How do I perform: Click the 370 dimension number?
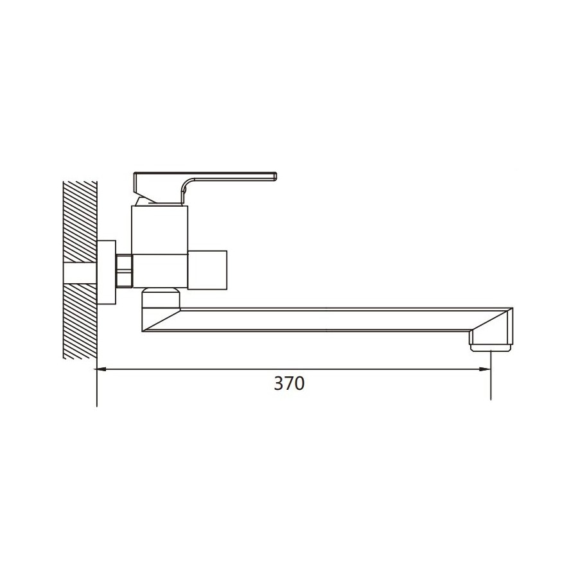(x=290, y=383)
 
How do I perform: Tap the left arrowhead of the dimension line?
(x=101, y=369)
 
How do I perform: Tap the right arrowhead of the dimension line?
(x=485, y=369)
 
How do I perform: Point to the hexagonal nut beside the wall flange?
(x=124, y=270)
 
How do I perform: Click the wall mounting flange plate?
(x=106, y=272)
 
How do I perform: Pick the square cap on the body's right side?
(x=207, y=270)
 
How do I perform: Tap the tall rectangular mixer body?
(x=160, y=247)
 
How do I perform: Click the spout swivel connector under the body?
(x=161, y=299)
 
